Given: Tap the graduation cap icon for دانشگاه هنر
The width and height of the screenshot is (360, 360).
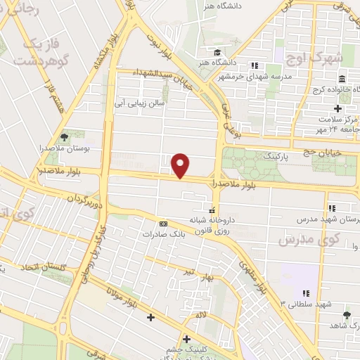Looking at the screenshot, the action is tap(218, 53).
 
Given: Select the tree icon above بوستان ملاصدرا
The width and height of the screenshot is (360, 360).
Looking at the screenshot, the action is tap(65, 136).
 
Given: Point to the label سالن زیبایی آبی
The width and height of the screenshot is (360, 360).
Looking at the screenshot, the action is tap(140, 101).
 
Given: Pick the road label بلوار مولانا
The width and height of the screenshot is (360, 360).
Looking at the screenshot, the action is tap(121, 295).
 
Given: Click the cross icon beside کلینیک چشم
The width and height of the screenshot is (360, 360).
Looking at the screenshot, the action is tap(186, 338).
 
